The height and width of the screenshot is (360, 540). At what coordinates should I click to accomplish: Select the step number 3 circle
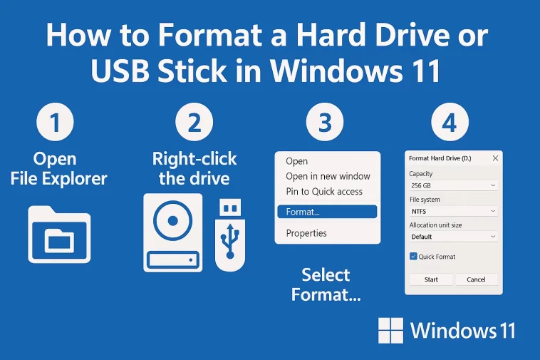[x=325, y=122]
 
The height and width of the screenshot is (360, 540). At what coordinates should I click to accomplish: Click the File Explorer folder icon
[x=59, y=232]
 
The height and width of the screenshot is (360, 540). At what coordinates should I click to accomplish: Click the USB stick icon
[x=229, y=235]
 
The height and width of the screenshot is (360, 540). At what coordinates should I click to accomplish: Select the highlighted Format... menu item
[x=326, y=212]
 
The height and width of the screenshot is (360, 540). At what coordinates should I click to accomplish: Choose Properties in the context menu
[x=306, y=233]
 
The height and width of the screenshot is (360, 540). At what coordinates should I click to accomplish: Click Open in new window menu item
[x=328, y=176]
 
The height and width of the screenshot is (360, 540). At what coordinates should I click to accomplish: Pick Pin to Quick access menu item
[x=324, y=191]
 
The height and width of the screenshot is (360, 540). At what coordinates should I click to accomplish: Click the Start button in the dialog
[x=431, y=279]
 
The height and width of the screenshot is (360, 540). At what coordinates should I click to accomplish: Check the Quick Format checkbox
[x=413, y=257]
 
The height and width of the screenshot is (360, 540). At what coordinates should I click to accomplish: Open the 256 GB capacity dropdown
[x=453, y=185]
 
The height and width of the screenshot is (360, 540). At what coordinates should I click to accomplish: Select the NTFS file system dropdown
[x=453, y=211]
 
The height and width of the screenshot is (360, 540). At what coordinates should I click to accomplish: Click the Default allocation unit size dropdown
[x=453, y=237]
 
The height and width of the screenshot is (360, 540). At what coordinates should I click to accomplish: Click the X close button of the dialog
[x=495, y=157]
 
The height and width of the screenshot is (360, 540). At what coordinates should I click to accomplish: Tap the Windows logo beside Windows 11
[x=391, y=330]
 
